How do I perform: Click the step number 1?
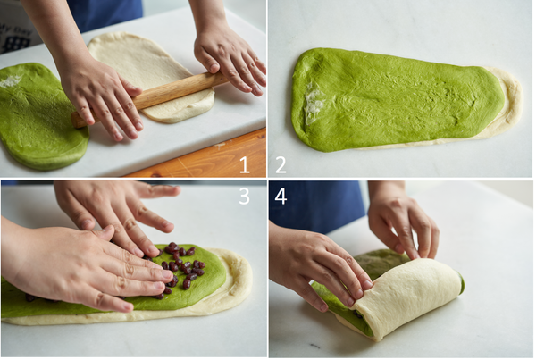[x=244, y=164]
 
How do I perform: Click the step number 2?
[x=281, y=164]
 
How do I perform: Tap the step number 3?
[x=244, y=197]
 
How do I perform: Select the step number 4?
[x=281, y=197]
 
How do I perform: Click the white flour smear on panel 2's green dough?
[x=314, y=103]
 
